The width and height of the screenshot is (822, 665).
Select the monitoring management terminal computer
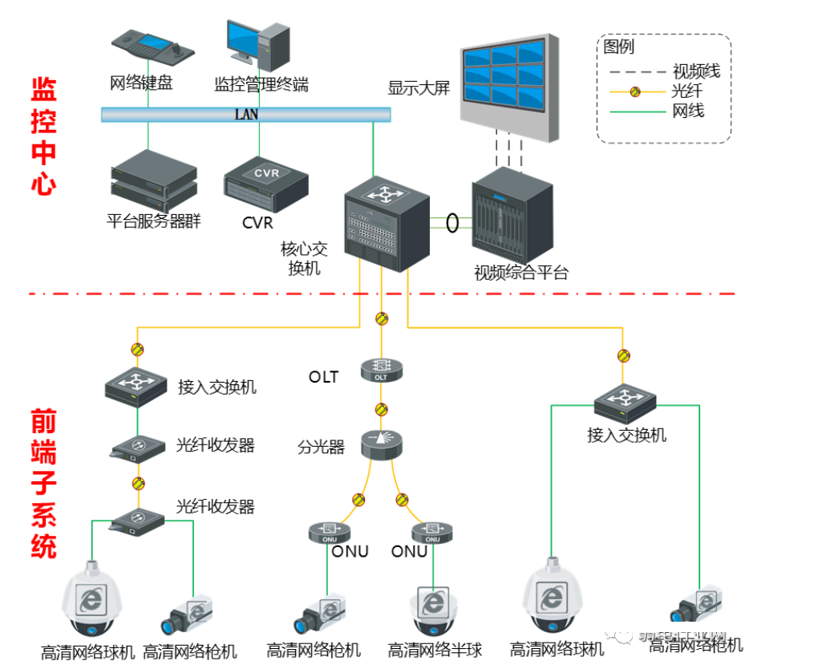point(257,44)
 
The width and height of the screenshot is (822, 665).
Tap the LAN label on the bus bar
point(246,115)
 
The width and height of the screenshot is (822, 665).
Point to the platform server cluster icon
point(153,181)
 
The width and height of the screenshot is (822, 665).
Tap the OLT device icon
point(381,370)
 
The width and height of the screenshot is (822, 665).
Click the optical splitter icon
point(381,443)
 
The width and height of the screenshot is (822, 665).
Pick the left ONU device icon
point(329,532)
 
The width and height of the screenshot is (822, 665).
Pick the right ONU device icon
point(432,532)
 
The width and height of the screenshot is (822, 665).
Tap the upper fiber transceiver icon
point(137,446)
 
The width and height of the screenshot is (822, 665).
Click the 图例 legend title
point(619,47)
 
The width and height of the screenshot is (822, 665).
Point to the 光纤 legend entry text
point(687,91)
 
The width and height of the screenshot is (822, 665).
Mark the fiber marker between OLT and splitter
point(382,409)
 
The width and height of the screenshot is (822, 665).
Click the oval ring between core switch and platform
point(453,221)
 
